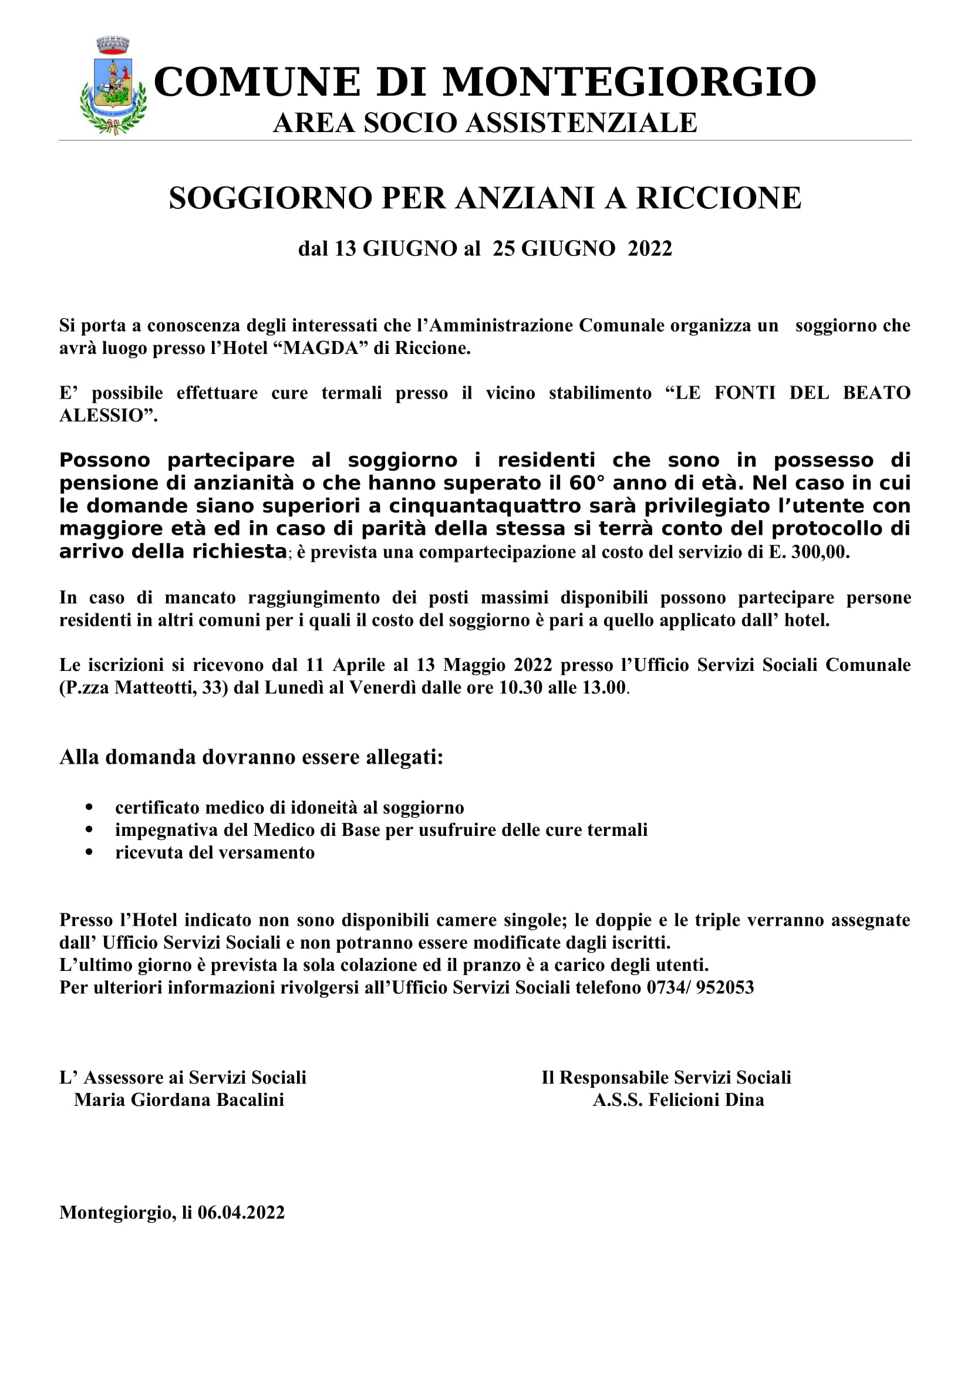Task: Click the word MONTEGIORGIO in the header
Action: (x=629, y=82)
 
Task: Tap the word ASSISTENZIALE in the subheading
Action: (x=581, y=123)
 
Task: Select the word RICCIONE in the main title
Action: (x=718, y=198)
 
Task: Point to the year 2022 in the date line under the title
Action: (x=649, y=248)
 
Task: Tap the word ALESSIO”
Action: (x=108, y=415)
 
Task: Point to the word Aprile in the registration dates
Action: (x=359, y=665)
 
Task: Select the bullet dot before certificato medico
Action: (x=89, y=807)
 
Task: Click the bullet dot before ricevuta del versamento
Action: (x=89, y=852)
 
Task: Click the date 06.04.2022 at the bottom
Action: (x=241, y=1212)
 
